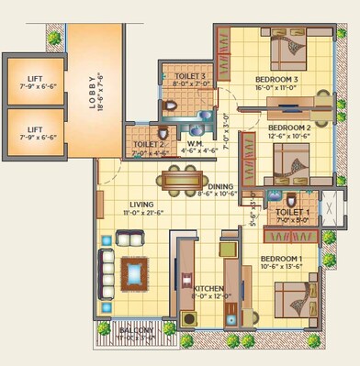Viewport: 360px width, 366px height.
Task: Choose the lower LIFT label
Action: coord(35,129)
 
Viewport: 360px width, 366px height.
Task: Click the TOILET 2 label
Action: coord(148,144)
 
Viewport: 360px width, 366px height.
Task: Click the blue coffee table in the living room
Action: coord(134,272)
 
